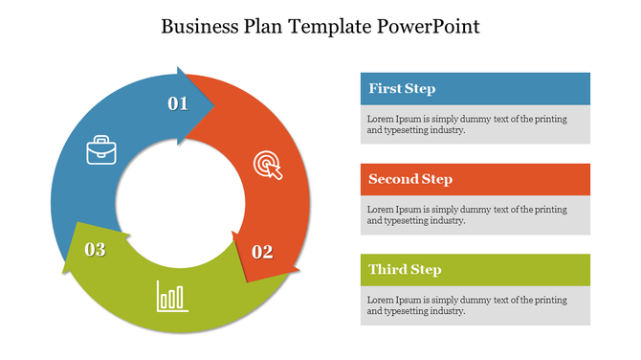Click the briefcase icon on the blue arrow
click(101, 150)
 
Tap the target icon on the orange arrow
click(268, 165)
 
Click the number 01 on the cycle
click(178, 103)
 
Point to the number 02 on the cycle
click(262, 252)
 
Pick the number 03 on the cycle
click(95, 250)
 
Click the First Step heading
click(402, 89)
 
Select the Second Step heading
click(410, 179)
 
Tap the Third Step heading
click(405, 270)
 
